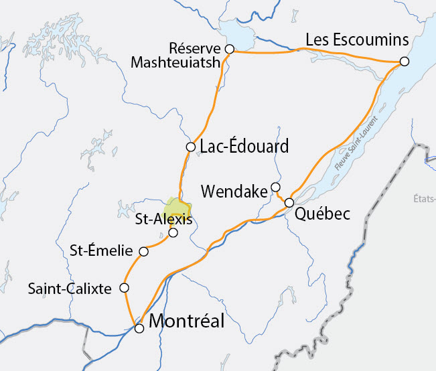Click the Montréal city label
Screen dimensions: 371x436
click(x=186, y=321)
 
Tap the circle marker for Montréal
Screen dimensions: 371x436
click(x=139, y=328)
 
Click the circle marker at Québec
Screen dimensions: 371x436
click(x=289, y=202)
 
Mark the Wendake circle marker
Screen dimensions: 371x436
click(x=275, y=187)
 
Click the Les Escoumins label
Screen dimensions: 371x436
click(x=357, y=40)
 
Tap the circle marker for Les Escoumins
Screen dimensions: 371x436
click(x=404, y=62)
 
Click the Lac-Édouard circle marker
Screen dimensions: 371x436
click(x=190, y=147)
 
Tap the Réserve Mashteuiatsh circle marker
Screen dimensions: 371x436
click(x=229, y=49)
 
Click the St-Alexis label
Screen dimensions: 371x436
click(x=163, y=219)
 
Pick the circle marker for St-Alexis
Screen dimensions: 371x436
click(x=173, y=232)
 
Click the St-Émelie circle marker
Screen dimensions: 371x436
click(x=143, y=252)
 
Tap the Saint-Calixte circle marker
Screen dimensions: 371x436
click(x=124, y=288)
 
